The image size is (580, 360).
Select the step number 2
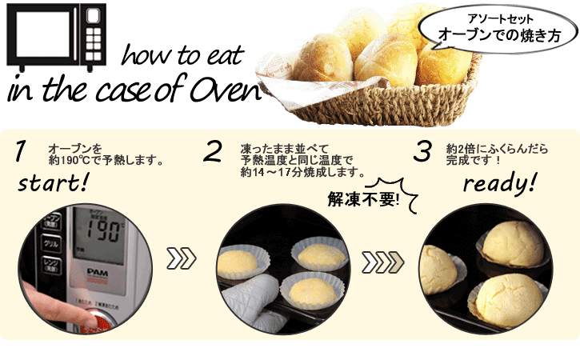pos(212,152)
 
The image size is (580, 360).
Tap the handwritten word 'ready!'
pos(498,186)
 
